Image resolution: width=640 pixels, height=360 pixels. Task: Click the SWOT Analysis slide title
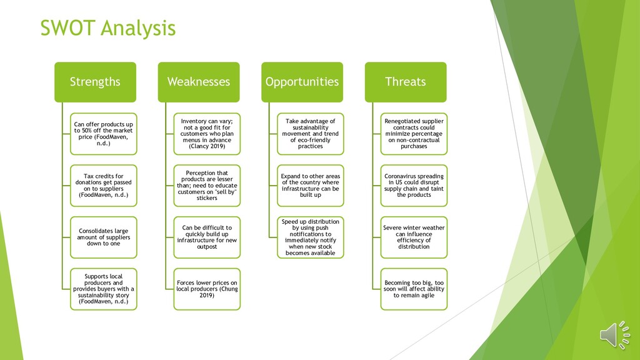[x=107, y=28]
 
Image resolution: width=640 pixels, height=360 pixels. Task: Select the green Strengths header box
[x=95, y=82]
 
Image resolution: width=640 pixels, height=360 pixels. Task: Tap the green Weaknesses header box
[x=198, y=82]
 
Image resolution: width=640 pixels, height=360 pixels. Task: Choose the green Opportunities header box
[x=302, y=82]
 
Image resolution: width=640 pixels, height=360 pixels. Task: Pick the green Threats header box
[x=406, y=82]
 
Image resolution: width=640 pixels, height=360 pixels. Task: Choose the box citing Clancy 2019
[x=207, y=134]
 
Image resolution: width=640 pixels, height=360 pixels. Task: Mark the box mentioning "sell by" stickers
[x=207, y=186]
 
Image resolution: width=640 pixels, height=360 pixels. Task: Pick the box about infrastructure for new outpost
[x=207, y=237]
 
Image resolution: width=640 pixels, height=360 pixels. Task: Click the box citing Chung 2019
[x=207, y=289]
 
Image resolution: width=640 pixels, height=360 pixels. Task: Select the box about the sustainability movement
[x=311, y=134]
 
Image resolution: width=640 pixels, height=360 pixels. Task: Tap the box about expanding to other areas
[x=311, y=186]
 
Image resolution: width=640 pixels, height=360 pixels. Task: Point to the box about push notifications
[x=311, y=237]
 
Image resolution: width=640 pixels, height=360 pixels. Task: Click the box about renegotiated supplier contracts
[x=414, y=134]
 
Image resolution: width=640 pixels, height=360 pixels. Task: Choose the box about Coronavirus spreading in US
[x=414, y=186]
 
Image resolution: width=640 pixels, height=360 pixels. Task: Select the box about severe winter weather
[x=414, y=237]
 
